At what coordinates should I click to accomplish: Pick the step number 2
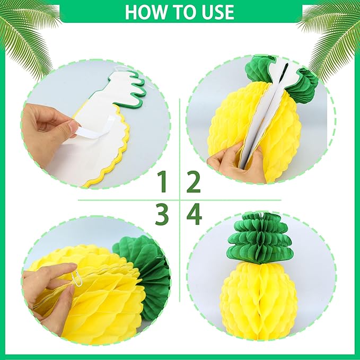pyautogui.click(x=194, y=183)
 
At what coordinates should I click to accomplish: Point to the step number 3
pyautogui.click(x=163, y=215)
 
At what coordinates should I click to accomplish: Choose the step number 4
pyautogui.click(x=194, y=215)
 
